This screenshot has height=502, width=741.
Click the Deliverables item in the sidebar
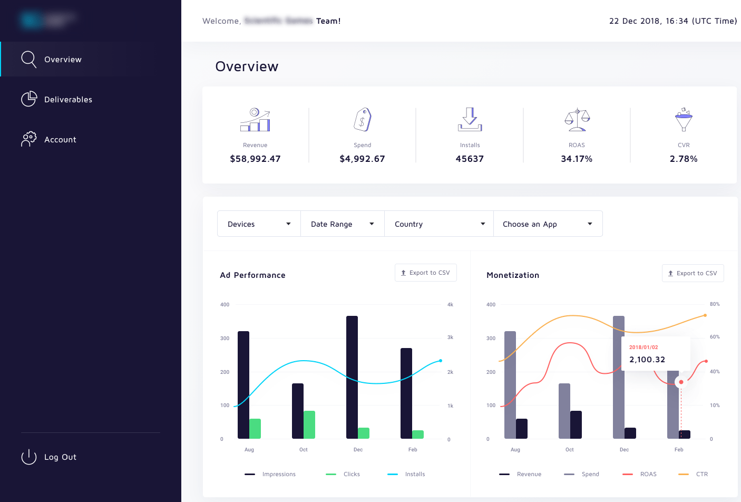coord(68,100)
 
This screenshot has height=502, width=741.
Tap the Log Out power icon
coord(29,457)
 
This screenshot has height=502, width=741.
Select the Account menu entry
coord(60,140)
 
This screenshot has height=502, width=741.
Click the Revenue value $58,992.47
coord(255,159)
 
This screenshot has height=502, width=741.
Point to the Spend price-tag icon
coord(363,120)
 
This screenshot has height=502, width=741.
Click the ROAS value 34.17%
coord(577,159)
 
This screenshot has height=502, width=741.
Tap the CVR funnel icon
coord(684,120)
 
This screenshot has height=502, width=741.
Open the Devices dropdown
coord(259,224)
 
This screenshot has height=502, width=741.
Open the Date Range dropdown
coord(342,224)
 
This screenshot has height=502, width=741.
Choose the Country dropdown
coord(439,224)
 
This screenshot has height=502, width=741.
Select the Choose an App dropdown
coord(548,224)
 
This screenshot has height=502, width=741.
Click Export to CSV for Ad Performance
coord(425,273)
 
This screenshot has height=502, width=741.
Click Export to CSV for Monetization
coord(693,273)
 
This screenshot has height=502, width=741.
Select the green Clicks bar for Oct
coord(309,424)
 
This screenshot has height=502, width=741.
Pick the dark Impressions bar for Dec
coord(352,377)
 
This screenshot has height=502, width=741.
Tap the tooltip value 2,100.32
coord(647,360)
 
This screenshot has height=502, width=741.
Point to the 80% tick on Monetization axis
coord(715,304)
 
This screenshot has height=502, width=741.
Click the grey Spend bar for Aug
coord(510,384)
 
